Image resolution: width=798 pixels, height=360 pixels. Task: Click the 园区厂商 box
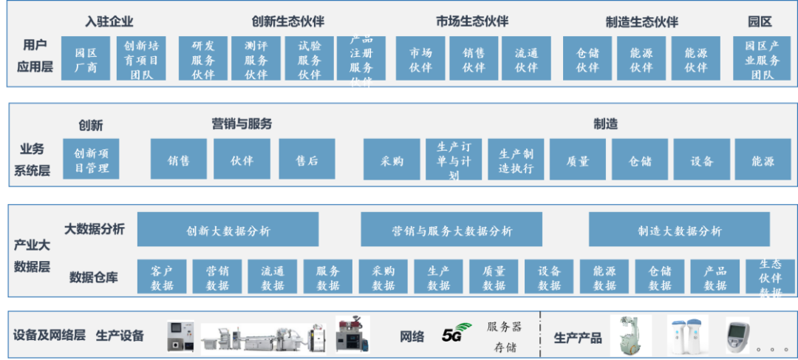pyautogui.click(x=86, y=59)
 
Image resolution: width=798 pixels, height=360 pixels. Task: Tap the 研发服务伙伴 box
pyautogui.click(x=203, y=59)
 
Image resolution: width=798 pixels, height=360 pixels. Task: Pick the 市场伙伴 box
pyautogui.click(x=420, y=59)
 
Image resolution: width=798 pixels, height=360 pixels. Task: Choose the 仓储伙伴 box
pyautogui.click(x=587, y=59)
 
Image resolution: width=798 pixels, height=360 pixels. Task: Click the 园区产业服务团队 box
pyautogui.click(x=762, y=59)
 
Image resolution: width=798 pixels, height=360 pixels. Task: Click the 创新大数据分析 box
pyautogui.click(x=228, y=230)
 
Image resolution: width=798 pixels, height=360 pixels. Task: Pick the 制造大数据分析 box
pyautogui.click(x=679, y=230)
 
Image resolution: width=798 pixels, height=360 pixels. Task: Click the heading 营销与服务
pyautogui.click(x=242, y=124)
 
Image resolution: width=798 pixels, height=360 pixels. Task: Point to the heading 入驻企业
pyautogui.click(x=109, y=21)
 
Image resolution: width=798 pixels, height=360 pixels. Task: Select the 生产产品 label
pyautogui.click(x=578, y=338)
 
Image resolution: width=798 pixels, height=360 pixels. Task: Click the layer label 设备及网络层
pyautogui.click(x=50, y=336)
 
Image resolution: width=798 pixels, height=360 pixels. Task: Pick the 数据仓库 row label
pyautogui.click(x=94, y=277)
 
